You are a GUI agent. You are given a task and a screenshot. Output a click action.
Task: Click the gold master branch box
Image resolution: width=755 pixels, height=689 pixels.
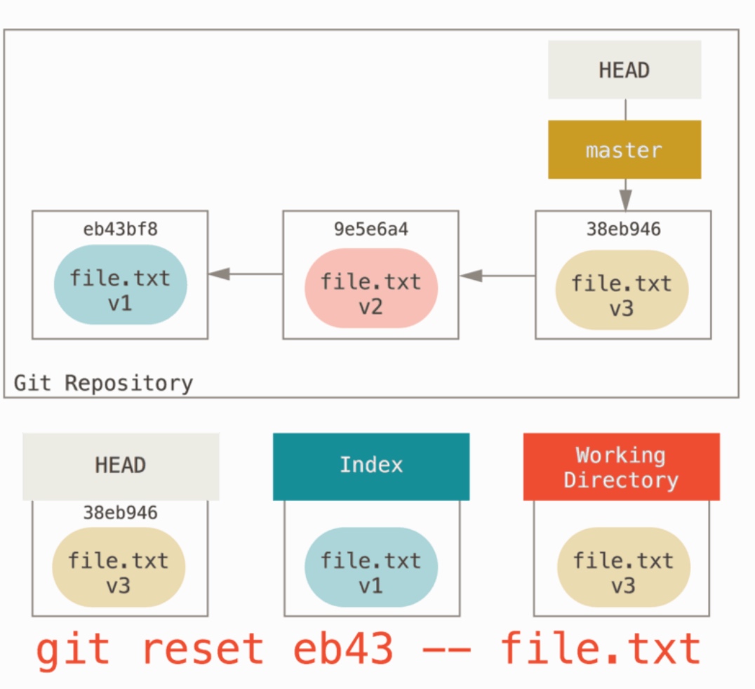(x=624, y=149)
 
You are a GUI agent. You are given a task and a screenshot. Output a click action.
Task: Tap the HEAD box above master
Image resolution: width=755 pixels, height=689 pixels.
(x=624, y=70)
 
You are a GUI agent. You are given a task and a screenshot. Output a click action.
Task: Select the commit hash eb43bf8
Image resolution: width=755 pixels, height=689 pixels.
(x=121, y=229)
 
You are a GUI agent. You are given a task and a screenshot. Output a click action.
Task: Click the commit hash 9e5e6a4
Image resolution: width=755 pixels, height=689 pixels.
(x=370, y=229)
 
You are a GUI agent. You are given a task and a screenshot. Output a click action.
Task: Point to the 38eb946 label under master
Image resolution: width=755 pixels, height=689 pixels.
(x=624, y=229)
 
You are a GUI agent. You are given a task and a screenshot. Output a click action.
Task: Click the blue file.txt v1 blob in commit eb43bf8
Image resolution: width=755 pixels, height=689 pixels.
(x=121, y=285)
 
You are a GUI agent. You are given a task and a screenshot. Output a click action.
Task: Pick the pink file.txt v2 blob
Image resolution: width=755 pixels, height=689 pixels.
(x=371, y=288)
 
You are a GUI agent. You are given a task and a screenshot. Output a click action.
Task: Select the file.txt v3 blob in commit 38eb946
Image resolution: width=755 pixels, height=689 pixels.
(x=622, y=290)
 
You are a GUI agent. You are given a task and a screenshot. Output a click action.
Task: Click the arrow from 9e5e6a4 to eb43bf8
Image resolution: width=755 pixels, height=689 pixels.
(x=246, y=274)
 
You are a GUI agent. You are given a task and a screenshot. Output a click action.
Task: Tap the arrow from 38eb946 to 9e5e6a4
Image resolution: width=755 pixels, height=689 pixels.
(x=497, y=276)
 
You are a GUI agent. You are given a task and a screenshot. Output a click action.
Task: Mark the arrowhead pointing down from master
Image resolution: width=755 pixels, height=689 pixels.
(x=625, y=200)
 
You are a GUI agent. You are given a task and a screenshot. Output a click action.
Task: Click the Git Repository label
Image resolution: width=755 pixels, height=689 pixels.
(x=104, y=383)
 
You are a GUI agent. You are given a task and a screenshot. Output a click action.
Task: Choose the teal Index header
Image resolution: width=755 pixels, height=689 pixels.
(x=371, y=467)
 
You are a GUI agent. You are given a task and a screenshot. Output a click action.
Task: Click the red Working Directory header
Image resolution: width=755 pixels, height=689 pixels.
(x=622, y=467)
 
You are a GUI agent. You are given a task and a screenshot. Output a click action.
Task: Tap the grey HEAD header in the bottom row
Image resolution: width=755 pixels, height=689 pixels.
(x=121, y=467)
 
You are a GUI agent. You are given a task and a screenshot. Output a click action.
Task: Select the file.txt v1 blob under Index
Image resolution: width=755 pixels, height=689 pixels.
(x=371, y=567)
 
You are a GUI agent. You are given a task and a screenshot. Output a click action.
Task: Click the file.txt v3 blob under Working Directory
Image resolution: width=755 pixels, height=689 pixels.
(x=624, y=567)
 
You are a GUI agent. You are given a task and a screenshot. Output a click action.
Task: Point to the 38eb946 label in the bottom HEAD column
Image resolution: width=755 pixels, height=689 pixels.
(x=121, y=513)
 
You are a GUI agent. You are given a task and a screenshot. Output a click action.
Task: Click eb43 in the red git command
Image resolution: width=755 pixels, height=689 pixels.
(x=343, y=649)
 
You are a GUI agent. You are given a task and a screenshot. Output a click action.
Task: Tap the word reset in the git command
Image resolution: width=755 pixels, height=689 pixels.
(x=203, y=649)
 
